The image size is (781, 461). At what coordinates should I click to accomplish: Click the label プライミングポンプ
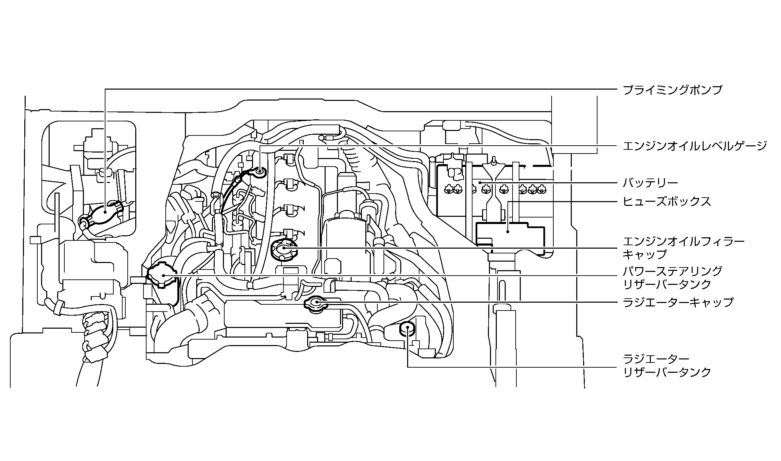click(x=672, y=90)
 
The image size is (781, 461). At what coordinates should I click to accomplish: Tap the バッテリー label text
click(x=650, y=183)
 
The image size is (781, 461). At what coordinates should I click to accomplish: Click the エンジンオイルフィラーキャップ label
click(x=683, y=248)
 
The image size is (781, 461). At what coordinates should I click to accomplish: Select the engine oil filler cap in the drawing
click(x=284, y=249)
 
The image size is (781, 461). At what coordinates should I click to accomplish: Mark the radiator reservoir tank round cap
click(x=407, y=330)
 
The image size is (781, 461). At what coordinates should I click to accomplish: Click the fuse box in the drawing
click(x=508, y=236)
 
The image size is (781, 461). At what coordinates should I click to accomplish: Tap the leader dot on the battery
click(x=480, y=183)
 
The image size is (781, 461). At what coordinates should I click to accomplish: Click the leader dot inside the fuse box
click(x=508, y=232)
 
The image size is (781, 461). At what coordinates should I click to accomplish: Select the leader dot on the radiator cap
click(x=317, y=302)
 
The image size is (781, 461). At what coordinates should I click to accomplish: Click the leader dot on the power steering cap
click(x=164, y=275)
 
